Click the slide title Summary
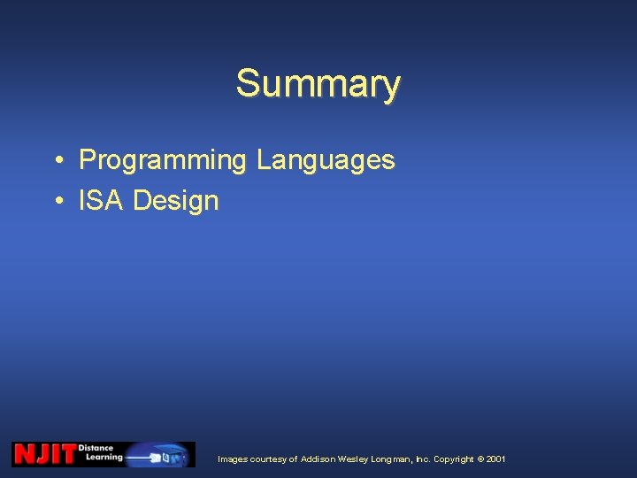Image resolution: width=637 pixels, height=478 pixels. pos(318,84)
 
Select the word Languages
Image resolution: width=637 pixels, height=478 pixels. pos(325,160)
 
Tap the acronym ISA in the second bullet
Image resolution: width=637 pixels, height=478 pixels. pos(101,201)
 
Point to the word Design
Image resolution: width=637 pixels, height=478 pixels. pos(175,201)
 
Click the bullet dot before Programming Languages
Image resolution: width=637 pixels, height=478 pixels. pos(56,161)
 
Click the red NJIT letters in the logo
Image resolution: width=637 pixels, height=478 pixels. pos(44,454)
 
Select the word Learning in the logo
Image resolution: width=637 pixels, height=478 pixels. pos(104,458)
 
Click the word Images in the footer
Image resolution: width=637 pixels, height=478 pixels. pos(233,459)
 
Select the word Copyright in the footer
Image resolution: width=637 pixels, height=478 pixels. pos(453,459)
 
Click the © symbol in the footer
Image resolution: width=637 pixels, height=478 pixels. pos(480,459)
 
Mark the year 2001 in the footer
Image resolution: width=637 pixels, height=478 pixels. pos(496,459)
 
